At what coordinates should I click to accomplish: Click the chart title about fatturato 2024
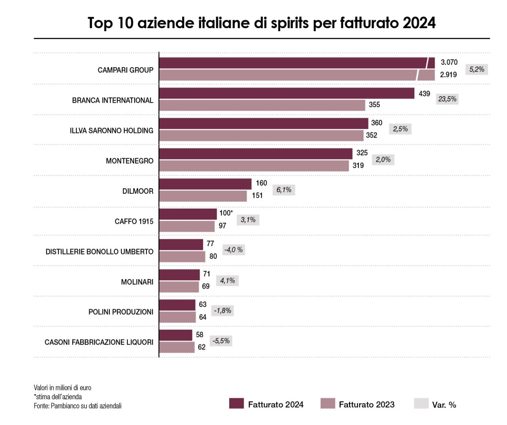coord(261,23)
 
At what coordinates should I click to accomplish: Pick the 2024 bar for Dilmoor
coord(205,184)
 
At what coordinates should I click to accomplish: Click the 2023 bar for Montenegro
coord(253,166)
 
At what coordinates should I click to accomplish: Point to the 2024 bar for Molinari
coord(179,275)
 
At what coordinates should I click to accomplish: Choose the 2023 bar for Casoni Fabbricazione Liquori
coord(177,347)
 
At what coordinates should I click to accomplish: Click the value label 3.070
coord(449,63)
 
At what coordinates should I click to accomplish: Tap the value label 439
coord(424,93)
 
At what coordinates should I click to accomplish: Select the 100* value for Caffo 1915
coord(226,213)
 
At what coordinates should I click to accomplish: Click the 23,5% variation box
coord(447,99)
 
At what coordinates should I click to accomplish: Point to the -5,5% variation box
coord(221,341)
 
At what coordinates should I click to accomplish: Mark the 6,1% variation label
coord(283,190)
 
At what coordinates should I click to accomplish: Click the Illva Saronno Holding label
coord(111,130)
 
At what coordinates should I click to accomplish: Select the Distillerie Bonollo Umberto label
coord(100,252)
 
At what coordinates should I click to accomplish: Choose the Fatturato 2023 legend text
coord(366,404)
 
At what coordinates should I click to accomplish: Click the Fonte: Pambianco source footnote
coord(78,406)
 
